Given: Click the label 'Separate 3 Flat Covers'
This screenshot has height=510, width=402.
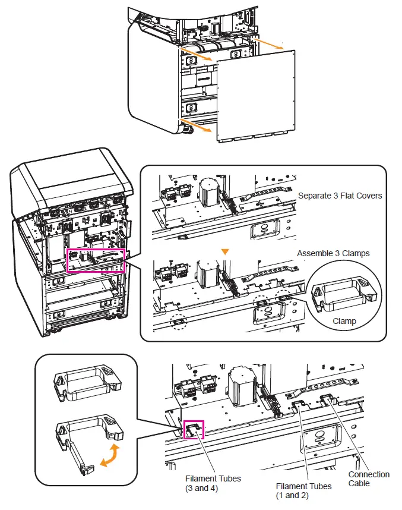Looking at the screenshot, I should click(340, 196).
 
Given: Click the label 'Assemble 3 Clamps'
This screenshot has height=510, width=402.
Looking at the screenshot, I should click(333, 253).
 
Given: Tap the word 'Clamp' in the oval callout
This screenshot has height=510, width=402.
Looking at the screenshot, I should click(344, 321).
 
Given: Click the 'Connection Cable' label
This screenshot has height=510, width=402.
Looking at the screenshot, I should click(369, 478).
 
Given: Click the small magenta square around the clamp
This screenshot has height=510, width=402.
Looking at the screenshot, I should click(193, 430).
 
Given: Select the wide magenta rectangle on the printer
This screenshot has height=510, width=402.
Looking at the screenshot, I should click(96, 260).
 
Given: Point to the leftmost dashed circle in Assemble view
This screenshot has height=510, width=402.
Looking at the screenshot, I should click(178, 322).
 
